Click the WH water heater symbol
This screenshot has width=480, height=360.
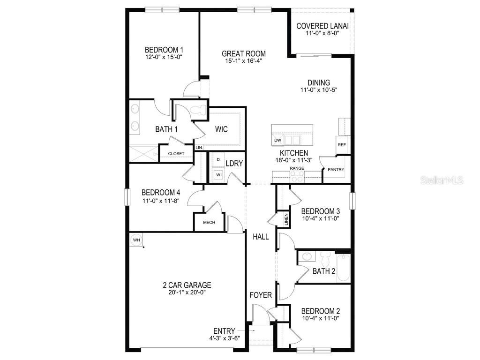(x=136, y=240)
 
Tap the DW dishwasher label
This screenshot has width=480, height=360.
(x=277, y=140)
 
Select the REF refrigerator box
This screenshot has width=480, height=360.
(x=342, y=145)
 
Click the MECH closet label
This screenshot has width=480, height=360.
(x=209, y=222)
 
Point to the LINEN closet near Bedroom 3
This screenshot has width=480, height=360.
(x=285, y=219)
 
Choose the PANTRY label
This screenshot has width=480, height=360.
(x=336, y=170)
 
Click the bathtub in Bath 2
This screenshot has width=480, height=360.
(x=343, y=268)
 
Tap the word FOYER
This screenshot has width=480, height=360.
(x=261, y=295)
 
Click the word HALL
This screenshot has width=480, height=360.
(x=261, y=237)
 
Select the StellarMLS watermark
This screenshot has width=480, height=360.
(x=442, y=180)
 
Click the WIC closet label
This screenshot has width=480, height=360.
(x=222, y=129)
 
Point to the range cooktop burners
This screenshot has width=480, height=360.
(x=297, y=176)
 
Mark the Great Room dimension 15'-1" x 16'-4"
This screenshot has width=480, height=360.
(x=243, y=61)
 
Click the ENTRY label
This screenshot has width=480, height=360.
(x=224, y=331)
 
